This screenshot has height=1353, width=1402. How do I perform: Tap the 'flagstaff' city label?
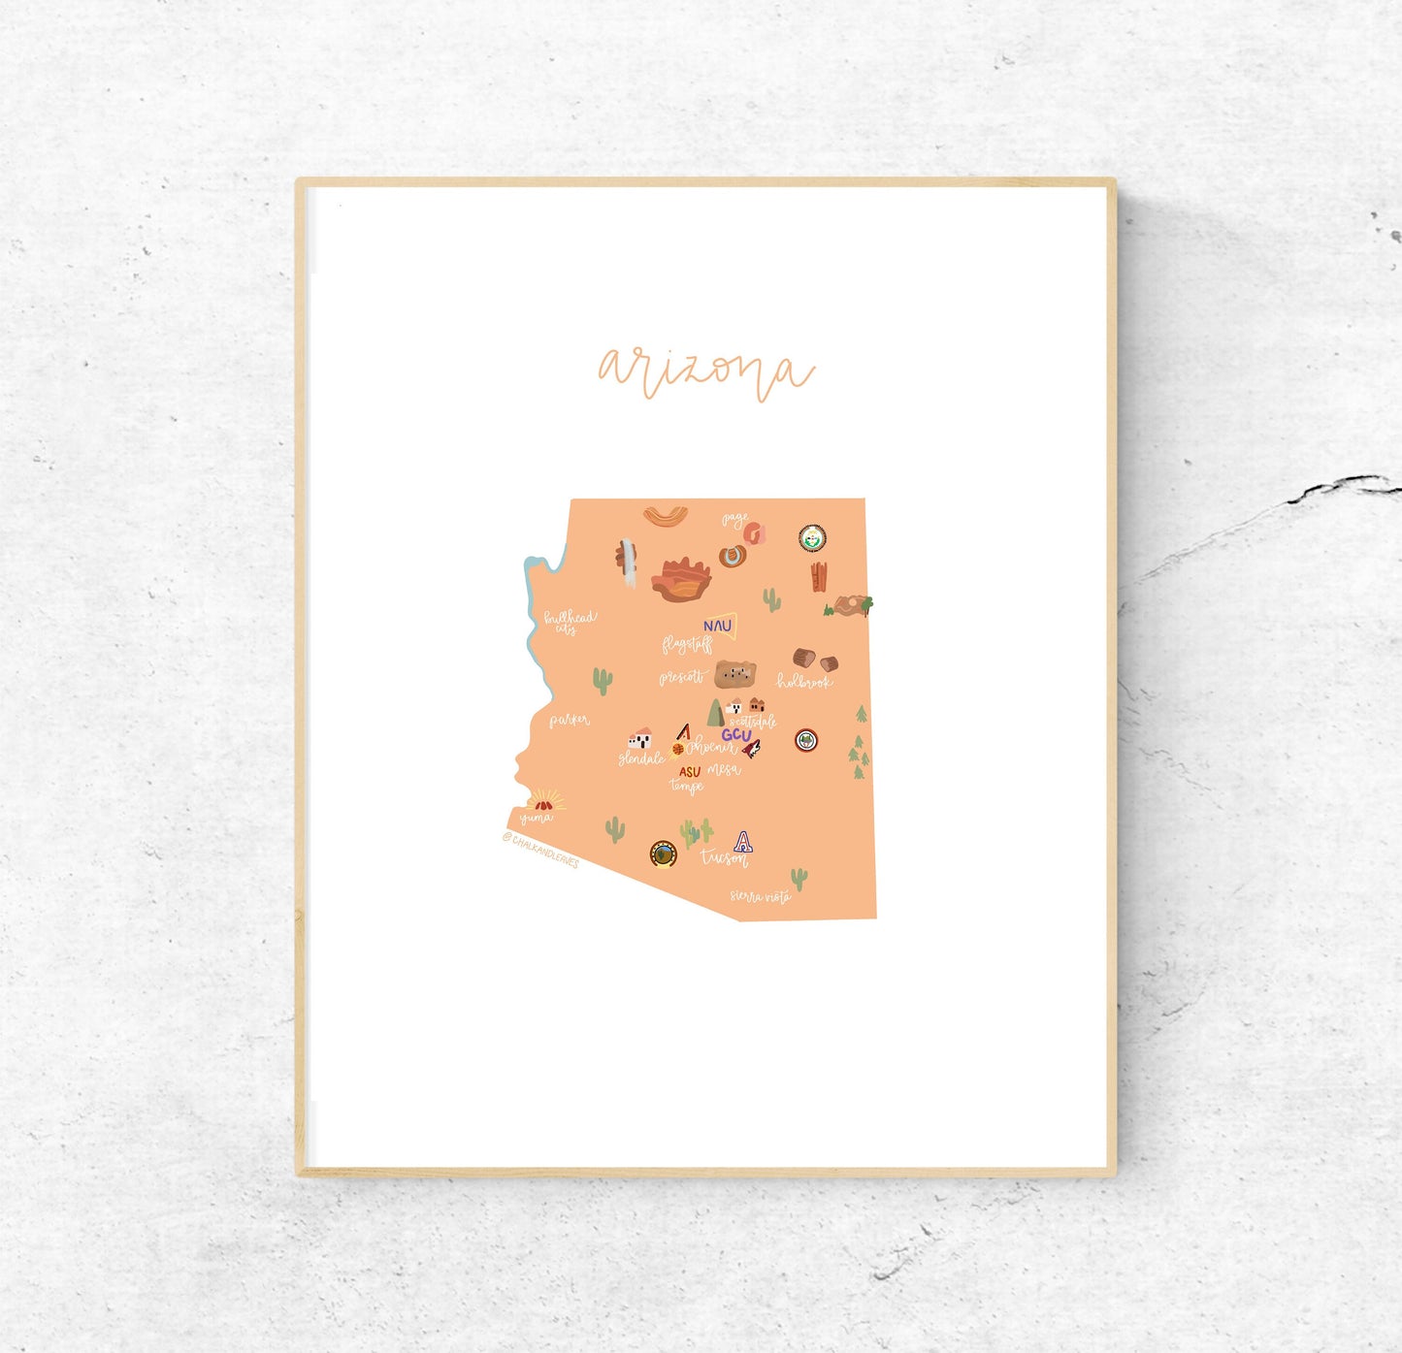point(687,644)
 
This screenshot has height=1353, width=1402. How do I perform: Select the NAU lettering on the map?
point(717,627)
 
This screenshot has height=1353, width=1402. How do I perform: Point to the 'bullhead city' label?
point(570,621)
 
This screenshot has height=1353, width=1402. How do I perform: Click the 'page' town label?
point(734,520)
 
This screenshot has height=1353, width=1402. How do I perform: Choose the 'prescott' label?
point(681,677)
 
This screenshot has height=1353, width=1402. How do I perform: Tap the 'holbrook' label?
point(803,682)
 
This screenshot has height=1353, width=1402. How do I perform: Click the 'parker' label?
point(569,721)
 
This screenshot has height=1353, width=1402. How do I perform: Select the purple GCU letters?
point(735,735)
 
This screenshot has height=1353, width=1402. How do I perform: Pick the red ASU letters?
point(689,772)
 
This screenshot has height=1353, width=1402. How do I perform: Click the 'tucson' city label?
point(724,858)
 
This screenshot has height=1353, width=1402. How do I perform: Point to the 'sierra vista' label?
point(760,896)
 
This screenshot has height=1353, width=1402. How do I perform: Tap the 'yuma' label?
point(535,818)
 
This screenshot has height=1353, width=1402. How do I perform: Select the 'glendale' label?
point(641,758)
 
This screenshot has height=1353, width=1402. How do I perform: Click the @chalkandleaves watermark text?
point(540,849)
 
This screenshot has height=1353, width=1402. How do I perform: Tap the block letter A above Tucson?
point(742,841)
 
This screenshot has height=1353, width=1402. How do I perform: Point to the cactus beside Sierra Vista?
point(799,879)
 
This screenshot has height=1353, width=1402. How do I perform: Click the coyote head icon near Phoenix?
point(751,748)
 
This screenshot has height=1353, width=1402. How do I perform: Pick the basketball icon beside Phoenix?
point(678,749)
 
